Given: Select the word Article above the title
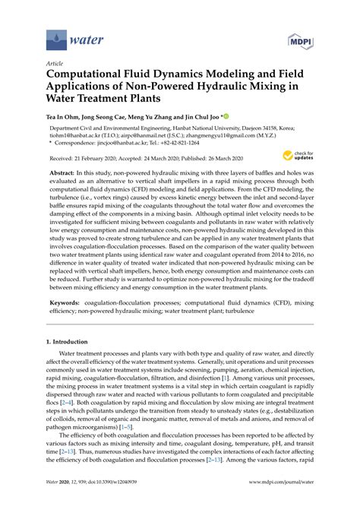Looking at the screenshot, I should pyautogui.click(x=55, y=64).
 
